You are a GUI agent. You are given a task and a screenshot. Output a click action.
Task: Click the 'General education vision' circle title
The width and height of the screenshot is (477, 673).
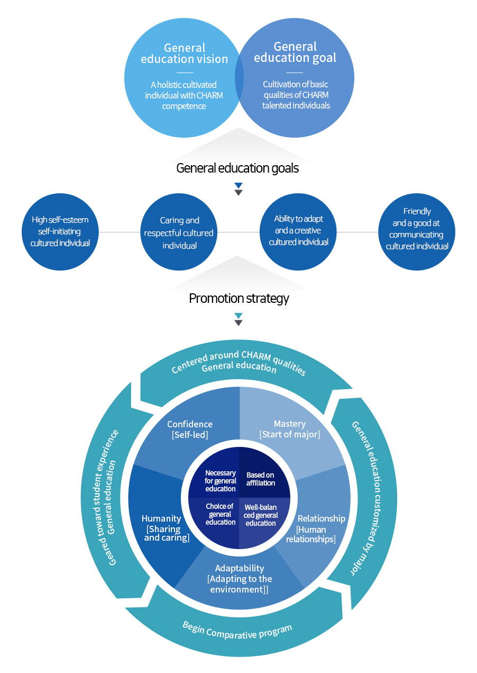coord(184,53)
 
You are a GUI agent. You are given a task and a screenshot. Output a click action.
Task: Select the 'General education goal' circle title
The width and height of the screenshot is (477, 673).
coord(295,52)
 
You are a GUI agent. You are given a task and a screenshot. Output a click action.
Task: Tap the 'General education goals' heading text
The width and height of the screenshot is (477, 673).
coord(237,168)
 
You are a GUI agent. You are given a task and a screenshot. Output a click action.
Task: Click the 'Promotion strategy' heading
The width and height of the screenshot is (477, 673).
coord(239,298)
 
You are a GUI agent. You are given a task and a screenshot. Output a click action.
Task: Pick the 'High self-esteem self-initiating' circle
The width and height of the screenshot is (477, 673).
coord(60,231)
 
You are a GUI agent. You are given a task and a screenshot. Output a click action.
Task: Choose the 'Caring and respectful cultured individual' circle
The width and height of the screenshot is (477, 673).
coord(179,232)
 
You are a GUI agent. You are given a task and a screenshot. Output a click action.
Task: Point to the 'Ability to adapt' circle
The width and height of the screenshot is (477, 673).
coord(298,230)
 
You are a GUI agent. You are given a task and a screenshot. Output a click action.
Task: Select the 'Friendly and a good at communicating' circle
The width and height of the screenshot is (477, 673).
coord(417,229)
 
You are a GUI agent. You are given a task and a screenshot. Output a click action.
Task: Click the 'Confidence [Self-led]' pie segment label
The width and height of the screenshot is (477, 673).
coord(190,429)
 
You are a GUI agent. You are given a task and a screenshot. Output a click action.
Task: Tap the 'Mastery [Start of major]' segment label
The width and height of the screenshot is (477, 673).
coord(290,429)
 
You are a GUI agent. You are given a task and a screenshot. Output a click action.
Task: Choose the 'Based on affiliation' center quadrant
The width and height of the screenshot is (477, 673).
coord(260,479)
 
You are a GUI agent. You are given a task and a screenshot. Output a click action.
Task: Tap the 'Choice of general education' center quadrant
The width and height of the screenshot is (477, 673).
coord(221,514)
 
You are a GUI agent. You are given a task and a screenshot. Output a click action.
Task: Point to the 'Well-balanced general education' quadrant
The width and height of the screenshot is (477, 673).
coord(260,515)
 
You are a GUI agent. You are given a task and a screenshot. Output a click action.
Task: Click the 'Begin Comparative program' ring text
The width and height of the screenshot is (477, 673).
coord(237,630)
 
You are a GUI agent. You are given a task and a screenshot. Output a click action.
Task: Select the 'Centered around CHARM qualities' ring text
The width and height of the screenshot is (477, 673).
coord(239,362)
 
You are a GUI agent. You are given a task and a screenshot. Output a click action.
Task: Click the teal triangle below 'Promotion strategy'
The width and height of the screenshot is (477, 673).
coord(238,316)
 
